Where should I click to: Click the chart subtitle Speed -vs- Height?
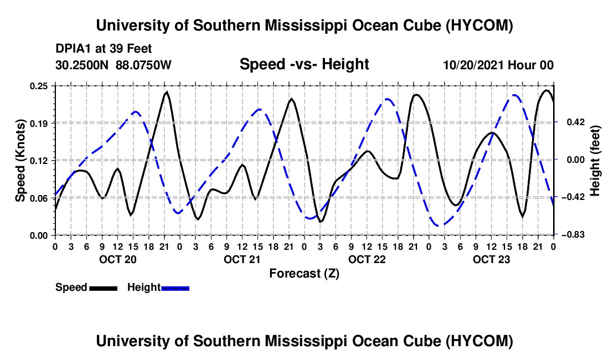coord(304,64)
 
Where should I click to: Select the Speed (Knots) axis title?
coord(20,161)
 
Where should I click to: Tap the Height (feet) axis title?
coord(595,161)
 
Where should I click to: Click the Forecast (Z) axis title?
coord(304,274)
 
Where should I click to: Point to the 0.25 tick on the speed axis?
coord(38,86)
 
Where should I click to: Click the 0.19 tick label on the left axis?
coord(38,124)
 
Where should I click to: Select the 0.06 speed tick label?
coord(38,198)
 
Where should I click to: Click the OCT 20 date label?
coord(118,259)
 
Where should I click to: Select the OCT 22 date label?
coord(367,259)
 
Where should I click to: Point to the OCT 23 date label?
coord(491,259)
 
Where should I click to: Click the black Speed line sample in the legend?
coord(104,288)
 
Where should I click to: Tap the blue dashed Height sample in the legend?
coord(175,288)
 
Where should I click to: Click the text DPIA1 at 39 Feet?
coord(104,49)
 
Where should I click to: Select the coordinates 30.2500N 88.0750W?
coord(113,65)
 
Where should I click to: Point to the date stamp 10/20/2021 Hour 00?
coord(498,65)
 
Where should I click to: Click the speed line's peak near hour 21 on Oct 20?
coord(167,92)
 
